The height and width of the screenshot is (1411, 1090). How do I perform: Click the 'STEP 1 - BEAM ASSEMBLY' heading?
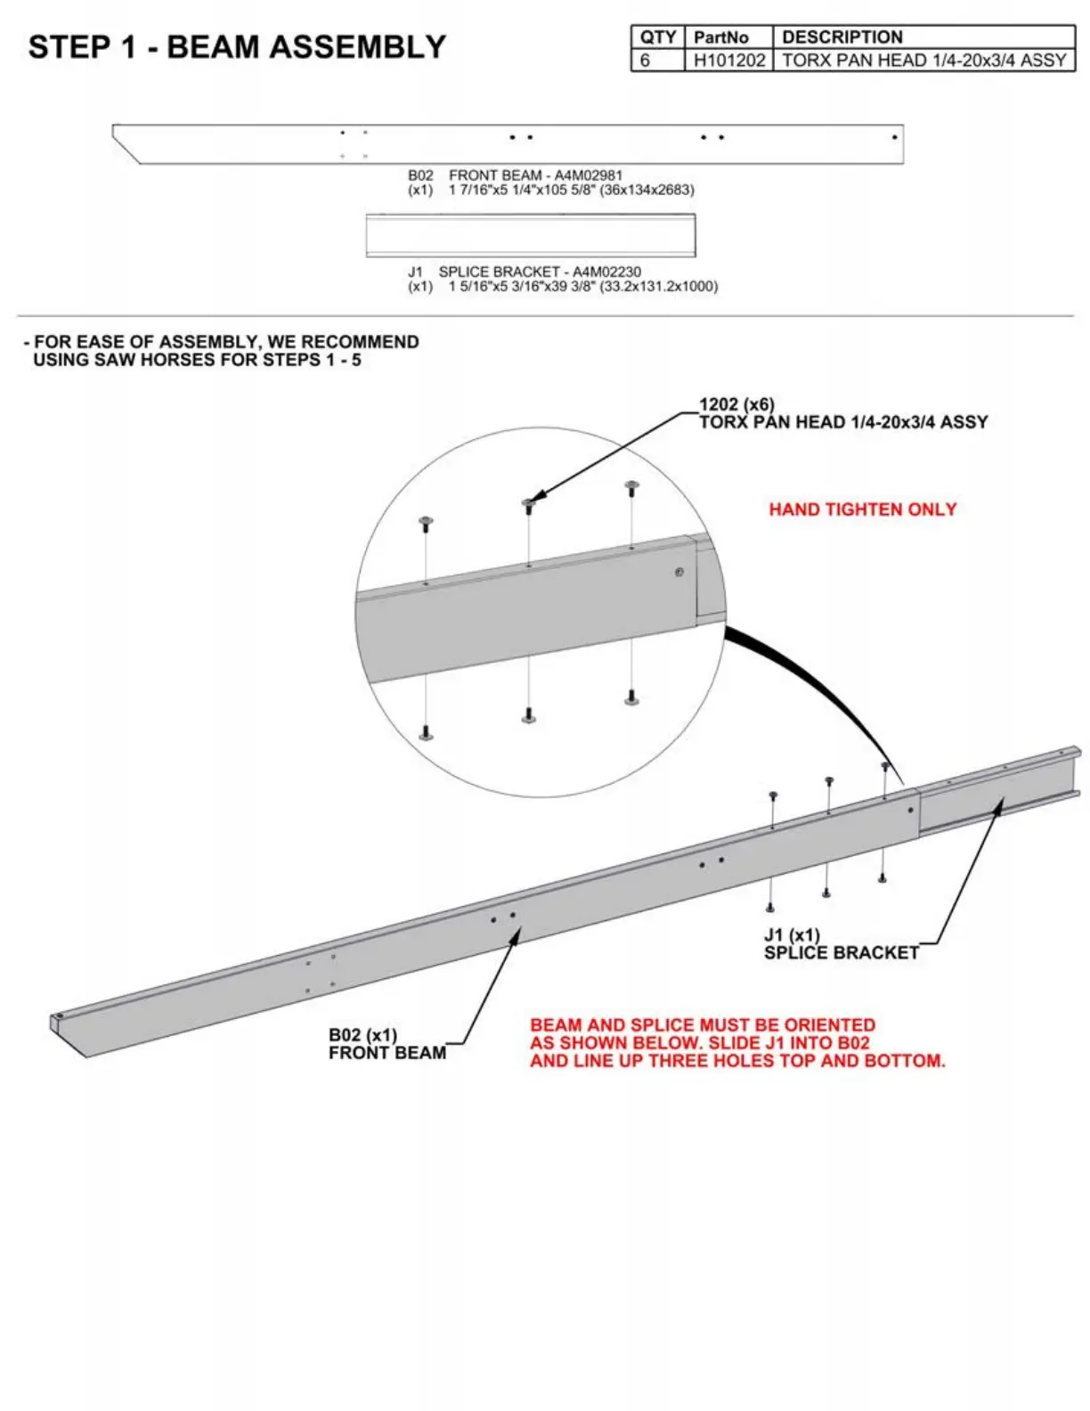[237, 47]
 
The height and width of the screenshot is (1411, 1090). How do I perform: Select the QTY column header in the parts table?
[657, 37]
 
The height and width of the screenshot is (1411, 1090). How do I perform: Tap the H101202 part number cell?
[728, 61]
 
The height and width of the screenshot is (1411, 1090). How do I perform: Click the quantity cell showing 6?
[646, 61]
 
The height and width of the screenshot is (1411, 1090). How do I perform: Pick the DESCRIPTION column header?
[842, 37]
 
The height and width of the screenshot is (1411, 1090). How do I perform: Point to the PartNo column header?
[720, 37]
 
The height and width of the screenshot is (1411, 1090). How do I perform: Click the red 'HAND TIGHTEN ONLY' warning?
[862, 510]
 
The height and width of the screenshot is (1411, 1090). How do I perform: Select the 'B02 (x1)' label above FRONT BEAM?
[362, 1035]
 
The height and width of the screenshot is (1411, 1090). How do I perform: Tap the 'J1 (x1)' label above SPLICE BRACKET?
[792, 935]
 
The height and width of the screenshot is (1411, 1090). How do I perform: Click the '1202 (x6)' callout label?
[736, 404]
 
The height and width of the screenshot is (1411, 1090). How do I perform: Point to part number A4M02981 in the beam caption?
[589, 175]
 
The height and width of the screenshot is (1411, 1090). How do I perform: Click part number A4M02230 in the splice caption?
[606, 272]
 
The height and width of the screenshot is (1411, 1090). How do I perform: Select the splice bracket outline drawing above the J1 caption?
[531, 236]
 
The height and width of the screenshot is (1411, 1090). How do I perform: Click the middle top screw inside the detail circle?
[528, 505]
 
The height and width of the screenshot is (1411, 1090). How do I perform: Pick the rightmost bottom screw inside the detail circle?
[631, 697]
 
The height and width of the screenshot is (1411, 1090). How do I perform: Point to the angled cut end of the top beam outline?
[126, 146]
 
